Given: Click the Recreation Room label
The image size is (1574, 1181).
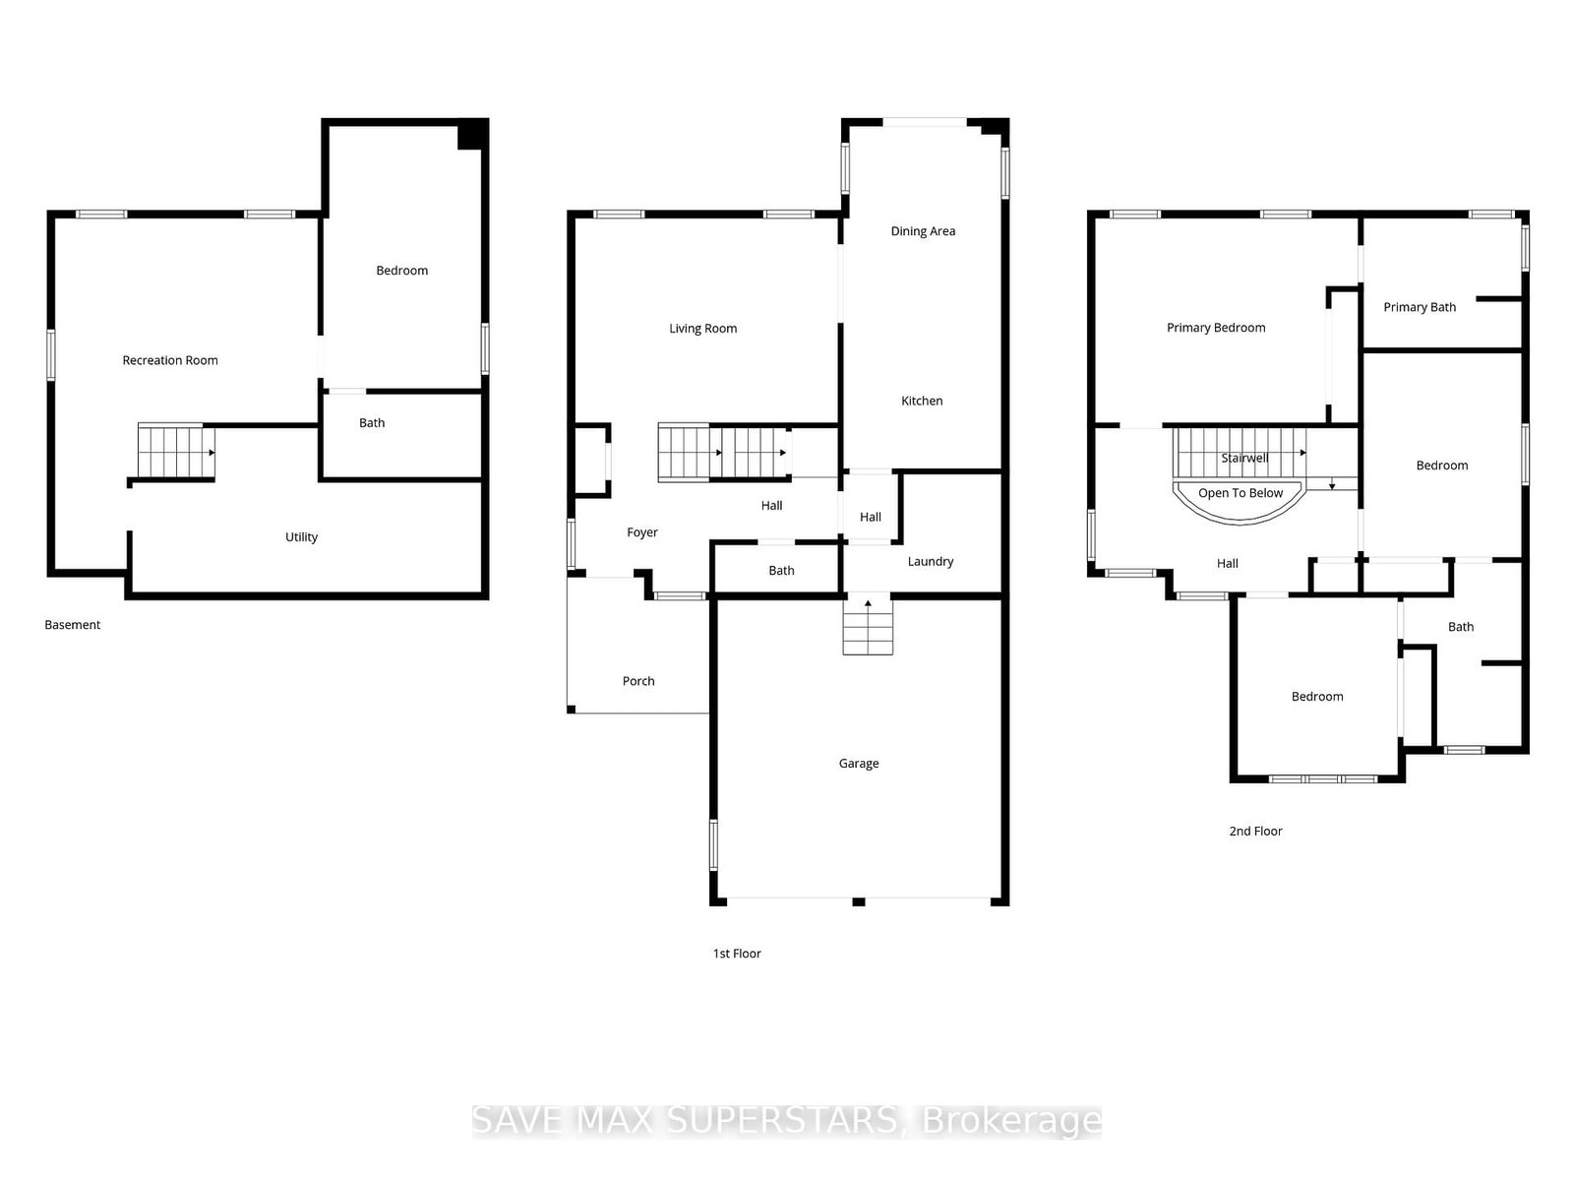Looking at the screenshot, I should (x=170, y=360).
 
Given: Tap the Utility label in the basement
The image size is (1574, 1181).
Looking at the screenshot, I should (x=301, y=536).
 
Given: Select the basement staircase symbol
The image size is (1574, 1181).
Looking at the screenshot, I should (x=175, y=452).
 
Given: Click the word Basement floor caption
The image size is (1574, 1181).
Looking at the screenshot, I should (x=73, y=625).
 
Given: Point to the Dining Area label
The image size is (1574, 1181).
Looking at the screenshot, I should (x=923, y=231).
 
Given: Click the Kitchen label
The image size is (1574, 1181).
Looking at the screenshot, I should (x=922, y=401).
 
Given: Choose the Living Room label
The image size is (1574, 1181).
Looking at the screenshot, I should (x=702, y=329).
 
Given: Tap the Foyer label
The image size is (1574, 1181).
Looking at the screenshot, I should (x=642, y=532).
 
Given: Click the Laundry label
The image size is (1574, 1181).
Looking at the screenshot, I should (x=930, y=561).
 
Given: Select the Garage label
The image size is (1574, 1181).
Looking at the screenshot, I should (x=859, y=763).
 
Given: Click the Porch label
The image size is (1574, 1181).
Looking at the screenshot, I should (x=638, y=681).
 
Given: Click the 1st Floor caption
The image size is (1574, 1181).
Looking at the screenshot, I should (x=737, y=953).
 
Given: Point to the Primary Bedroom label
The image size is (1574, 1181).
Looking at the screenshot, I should (x=1216, y=328).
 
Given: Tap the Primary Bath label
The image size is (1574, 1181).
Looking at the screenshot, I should (x=1420, y=307).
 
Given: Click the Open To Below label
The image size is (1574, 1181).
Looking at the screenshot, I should (x=1241, y=493).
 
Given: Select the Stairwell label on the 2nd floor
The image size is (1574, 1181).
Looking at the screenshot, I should (x=1244, y=458).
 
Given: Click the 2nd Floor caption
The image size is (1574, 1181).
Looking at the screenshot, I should (x=1255, y=831).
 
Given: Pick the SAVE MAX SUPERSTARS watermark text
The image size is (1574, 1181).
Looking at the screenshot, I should (x=786, y=1121).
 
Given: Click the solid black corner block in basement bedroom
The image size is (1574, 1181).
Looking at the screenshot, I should (x=471, y=135).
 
